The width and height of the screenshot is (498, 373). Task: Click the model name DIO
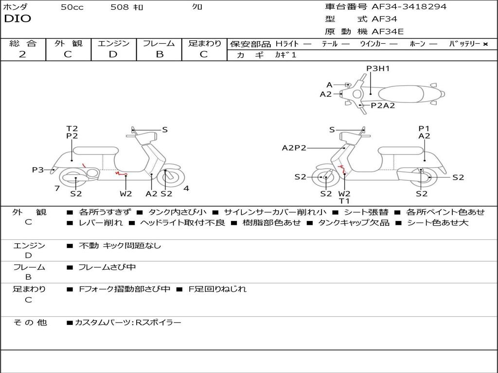pos(18,19)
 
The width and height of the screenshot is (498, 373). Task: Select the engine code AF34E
pos(388,32)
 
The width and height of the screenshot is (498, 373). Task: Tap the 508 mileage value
pos(119,7)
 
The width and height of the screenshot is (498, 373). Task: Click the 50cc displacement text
pos(72,7)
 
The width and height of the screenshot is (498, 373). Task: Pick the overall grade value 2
pos(22,54)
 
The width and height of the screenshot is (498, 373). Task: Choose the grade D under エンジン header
pos(113,54)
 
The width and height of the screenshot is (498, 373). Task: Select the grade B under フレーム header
pos(159,54)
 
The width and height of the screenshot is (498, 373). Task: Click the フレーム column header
pos(159,44)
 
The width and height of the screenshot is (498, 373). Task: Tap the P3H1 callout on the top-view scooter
pos(378,68)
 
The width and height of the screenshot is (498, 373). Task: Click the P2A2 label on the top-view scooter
pos(383,105)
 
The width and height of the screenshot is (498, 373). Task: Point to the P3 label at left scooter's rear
pos(37,170)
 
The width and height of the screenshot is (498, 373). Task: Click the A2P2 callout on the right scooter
pos(294,148)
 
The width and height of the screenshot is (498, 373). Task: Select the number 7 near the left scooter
pos(57,188)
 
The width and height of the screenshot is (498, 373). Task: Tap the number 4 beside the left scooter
pos(186,188)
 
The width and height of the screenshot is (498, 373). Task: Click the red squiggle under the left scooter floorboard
pos(121,173)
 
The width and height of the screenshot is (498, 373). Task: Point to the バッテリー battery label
pos(465,44)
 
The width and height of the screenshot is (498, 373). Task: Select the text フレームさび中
pos(107,267)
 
